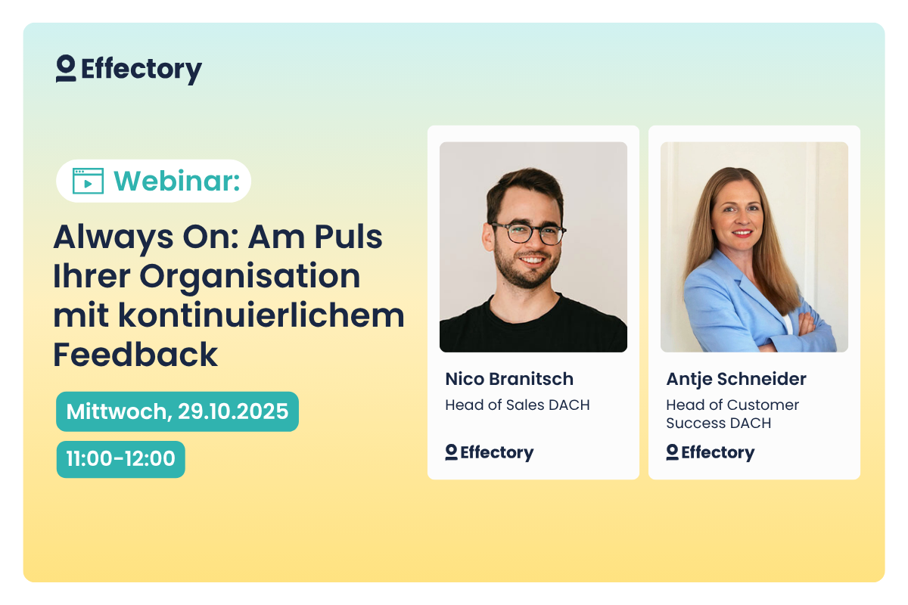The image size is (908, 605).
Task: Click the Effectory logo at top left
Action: pyautogui.click(x=129, y=70)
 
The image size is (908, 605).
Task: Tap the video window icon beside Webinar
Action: pyautogui.click(x=88, y=181)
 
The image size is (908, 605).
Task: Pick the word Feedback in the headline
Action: pyautogui.click(x=135, y=354)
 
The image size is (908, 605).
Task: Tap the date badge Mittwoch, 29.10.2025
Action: pyautogui.click(x=177, y=411)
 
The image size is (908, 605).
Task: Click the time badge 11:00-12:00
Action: pyautogui.click(x=120, y=459)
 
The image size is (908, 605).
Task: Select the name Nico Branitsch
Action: pyautogui.click(x=509, y=379)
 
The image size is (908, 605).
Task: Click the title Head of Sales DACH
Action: pyautogui.click(x=518, y=405)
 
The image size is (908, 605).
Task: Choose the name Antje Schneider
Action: pyautogui.click(x=736, y=379)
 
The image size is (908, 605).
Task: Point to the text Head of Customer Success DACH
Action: pyautogui.click(x=732, y=414)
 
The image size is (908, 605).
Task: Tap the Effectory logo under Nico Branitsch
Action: pyautogui.click(x=490, y=452)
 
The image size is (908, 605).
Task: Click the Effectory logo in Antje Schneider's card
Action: pyautogui.click(x=711, y=452)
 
